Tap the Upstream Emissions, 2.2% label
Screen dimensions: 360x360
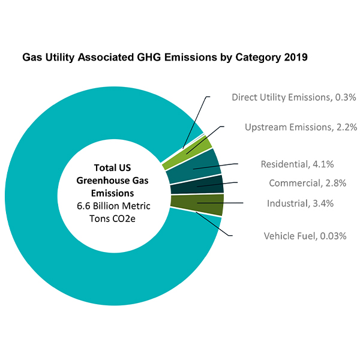(301, 127)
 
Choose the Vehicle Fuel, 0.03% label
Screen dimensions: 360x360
(305, 236)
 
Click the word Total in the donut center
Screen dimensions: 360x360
(105, 167)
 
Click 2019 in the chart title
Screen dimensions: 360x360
(295, 59)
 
